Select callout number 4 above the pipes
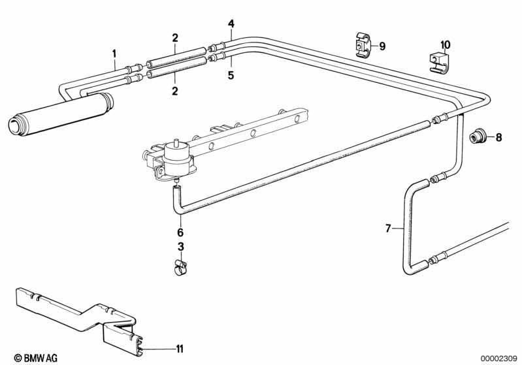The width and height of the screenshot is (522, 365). [231, 24]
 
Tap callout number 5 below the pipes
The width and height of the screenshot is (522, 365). [231, 75]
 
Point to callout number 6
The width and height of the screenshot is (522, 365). [180, 232]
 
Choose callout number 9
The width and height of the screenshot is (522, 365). [382, 46]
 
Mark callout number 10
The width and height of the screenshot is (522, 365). [445, 45]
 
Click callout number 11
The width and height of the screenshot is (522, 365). [179, 349]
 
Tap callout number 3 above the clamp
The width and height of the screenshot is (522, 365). [180, 247]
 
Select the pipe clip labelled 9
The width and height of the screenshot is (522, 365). [363, 45]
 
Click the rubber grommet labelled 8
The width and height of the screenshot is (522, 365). [478, 137]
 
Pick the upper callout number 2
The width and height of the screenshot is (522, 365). [175, 38]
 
